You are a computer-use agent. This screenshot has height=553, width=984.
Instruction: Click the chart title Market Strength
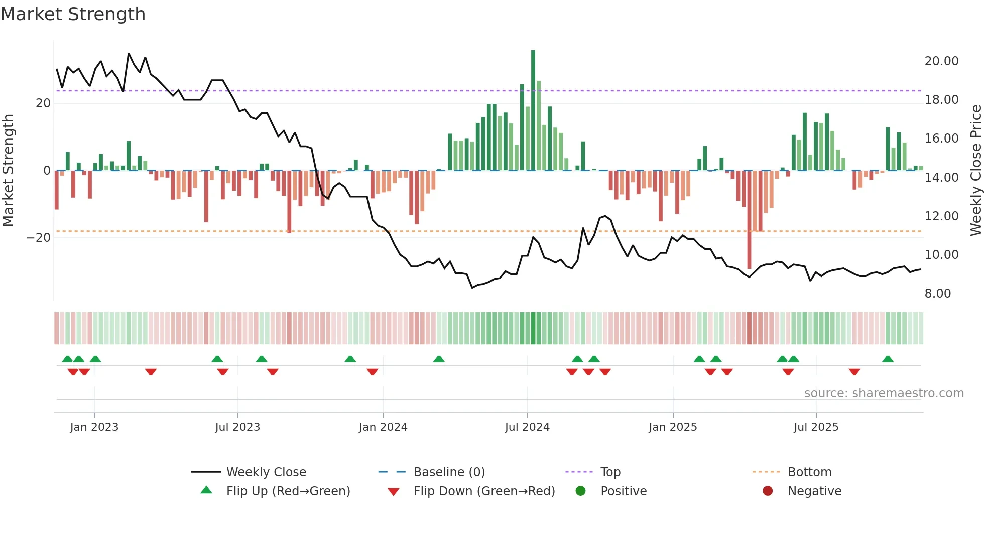pyautogui.click(x=73, y=14)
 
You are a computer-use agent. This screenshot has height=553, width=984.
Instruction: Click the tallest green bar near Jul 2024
pyautogui.click(x=533, y=110)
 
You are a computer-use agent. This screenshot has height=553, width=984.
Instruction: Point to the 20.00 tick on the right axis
pyautogui.click(x=941, y=61)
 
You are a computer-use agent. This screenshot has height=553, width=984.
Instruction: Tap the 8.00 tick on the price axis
pyautogui.click(x=937, y=294)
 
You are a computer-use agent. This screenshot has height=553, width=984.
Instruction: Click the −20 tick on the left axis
pyautogui.click(x=39, y=238)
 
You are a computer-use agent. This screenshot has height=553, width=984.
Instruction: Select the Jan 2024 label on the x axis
pyautogui.click(x=383, y=427)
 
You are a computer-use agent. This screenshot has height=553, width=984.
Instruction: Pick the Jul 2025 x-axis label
pyautogui.click(x=816, y=427)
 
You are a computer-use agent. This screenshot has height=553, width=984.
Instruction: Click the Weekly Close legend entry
pyautogui.click(x=266, y=472)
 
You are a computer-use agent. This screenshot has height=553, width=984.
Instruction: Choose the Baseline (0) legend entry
pyautogui.click(x=449, y=472)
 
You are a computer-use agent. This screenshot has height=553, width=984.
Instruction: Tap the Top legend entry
pyautogui.click(x=610, y=472)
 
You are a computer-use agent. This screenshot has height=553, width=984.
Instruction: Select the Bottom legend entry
pyautogui.click(x=809, y=472)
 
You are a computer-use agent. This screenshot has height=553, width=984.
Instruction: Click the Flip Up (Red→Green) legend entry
pyautogui.click(x=288, y=491)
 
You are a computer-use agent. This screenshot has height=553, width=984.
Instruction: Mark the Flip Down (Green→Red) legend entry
pyautogui.click(x=483, y=491)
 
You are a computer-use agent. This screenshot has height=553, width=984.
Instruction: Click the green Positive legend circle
pyautogui.click(x=581, y=491)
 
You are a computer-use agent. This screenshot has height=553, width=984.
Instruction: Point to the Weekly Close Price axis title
pyautogui.click(x=975, y=171)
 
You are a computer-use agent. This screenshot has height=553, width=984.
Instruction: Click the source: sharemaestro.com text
pyautogui.click(x=884, y=393)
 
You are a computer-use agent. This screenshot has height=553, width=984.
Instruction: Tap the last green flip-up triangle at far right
pyautogui.click(x=888, y=359)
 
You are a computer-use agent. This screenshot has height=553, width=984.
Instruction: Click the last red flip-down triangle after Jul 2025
pyautogui.click(x=854, y=372)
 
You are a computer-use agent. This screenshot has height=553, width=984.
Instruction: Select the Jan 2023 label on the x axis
pyautogui.click(x=94, y=427)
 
